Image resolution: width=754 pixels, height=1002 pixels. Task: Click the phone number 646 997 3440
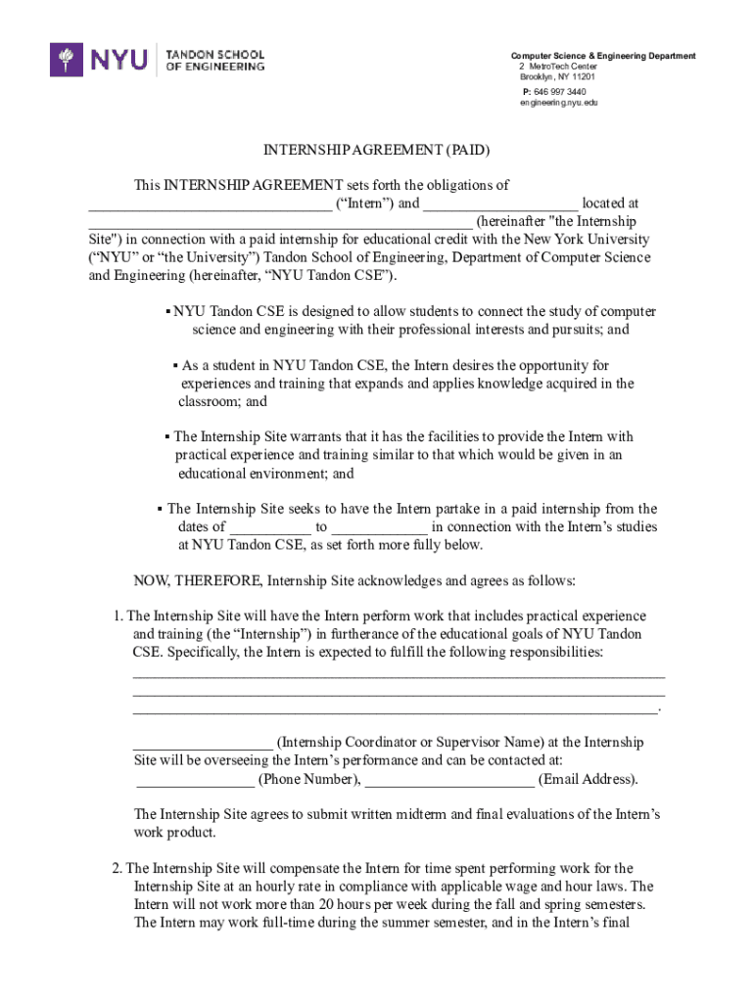point(558,91)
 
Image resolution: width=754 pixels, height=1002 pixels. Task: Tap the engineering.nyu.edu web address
point(558,103)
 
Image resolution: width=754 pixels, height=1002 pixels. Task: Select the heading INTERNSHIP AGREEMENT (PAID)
point(376,150)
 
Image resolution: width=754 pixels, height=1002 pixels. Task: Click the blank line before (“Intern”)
point(210,205)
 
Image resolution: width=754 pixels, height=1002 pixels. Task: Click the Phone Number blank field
point(194,780)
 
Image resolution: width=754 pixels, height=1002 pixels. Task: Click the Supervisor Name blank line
point(203,743)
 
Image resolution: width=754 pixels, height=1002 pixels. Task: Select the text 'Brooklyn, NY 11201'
point(557,76)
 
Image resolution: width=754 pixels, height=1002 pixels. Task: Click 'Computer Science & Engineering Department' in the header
point(603,56)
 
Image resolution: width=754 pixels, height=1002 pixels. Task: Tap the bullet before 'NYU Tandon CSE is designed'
point(168,312)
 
